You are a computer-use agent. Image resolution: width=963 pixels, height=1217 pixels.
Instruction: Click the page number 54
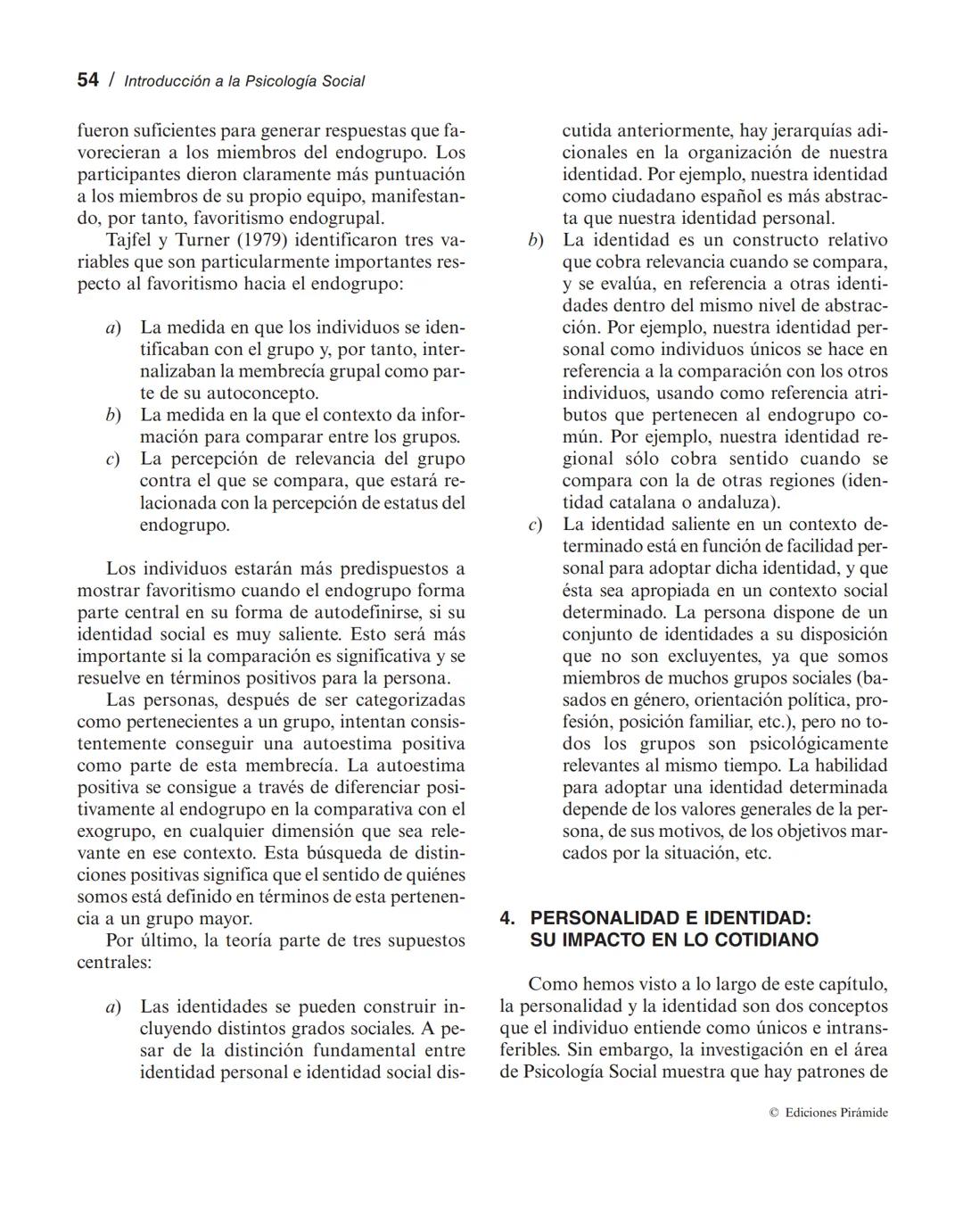coord(87,80)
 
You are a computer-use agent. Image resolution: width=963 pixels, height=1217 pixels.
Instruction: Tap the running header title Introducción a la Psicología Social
coord(244,81)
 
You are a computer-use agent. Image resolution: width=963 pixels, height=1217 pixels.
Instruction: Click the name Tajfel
coord(131,241)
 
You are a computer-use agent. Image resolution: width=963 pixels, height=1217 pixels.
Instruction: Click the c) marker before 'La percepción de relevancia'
coord(113,459)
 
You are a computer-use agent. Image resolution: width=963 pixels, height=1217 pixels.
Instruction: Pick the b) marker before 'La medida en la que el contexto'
coord(113,416)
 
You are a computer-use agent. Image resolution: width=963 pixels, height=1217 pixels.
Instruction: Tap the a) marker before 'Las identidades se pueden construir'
coord(113,1007)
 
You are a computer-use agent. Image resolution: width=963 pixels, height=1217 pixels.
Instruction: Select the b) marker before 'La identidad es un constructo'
coord(535,241)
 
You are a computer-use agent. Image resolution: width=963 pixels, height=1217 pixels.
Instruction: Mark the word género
coord(660,700)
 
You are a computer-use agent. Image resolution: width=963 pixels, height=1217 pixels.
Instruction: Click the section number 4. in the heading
coord(507,919)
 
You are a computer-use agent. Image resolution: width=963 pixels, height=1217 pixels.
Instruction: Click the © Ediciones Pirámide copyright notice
coord(828,1113)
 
